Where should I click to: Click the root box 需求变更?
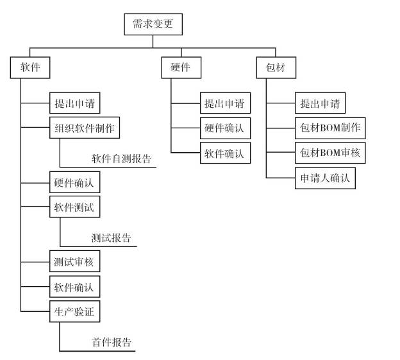coord(152,25)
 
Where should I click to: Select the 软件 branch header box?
coord(31,67)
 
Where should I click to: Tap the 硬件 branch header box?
coord(181,67)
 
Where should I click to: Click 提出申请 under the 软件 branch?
coord(74,103)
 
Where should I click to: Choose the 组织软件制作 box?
coord(84,127)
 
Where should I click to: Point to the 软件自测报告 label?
coord(121,159)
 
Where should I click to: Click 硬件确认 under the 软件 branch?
coord(74,183)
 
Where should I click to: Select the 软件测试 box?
coord(74,207)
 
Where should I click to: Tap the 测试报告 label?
coord(111,238)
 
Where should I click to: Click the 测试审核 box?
coord(74,262)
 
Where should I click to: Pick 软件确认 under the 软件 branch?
coord(74,287)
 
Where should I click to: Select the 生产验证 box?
coord(74,311)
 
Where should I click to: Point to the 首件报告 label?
coord(111,342)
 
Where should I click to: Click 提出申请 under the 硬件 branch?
coord(224,103)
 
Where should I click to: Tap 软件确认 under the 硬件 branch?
coord(224,153)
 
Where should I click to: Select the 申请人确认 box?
coord(325,178)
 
